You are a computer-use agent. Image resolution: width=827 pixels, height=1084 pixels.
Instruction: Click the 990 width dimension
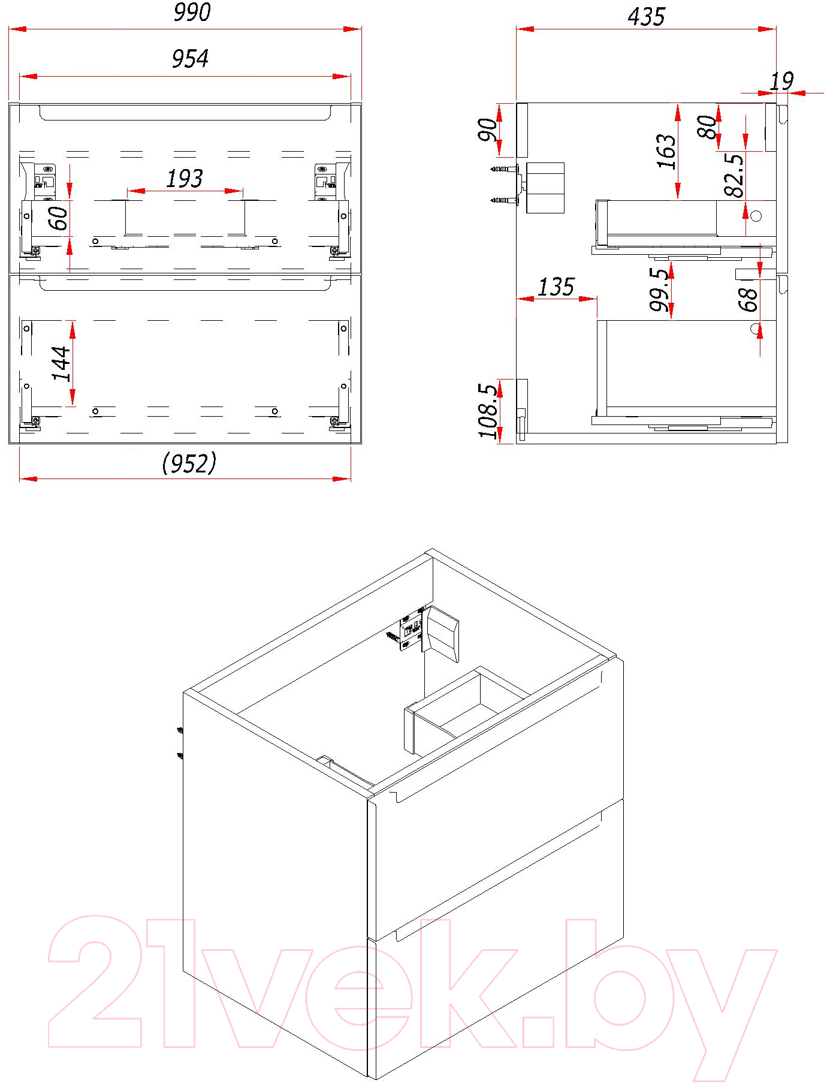click(192, 13)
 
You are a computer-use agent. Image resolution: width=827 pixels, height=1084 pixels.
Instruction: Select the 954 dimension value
click(190, 59)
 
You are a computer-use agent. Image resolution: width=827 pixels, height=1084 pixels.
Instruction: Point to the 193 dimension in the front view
click(185, 178)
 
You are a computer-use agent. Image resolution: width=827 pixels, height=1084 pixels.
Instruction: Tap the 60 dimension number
click(59, 218)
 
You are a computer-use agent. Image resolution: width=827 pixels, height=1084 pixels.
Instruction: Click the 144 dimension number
click(62, 363)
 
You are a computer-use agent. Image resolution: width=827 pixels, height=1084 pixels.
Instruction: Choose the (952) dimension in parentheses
click(189, 463)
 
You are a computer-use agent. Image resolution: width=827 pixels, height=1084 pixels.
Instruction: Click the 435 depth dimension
click(647, 17)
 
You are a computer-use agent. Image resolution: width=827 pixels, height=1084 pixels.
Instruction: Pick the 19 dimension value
click(781, 81)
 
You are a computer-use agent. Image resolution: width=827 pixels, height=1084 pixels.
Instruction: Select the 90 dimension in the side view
click(488, 130)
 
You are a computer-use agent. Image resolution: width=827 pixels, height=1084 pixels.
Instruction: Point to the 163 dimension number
click(666, 150)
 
